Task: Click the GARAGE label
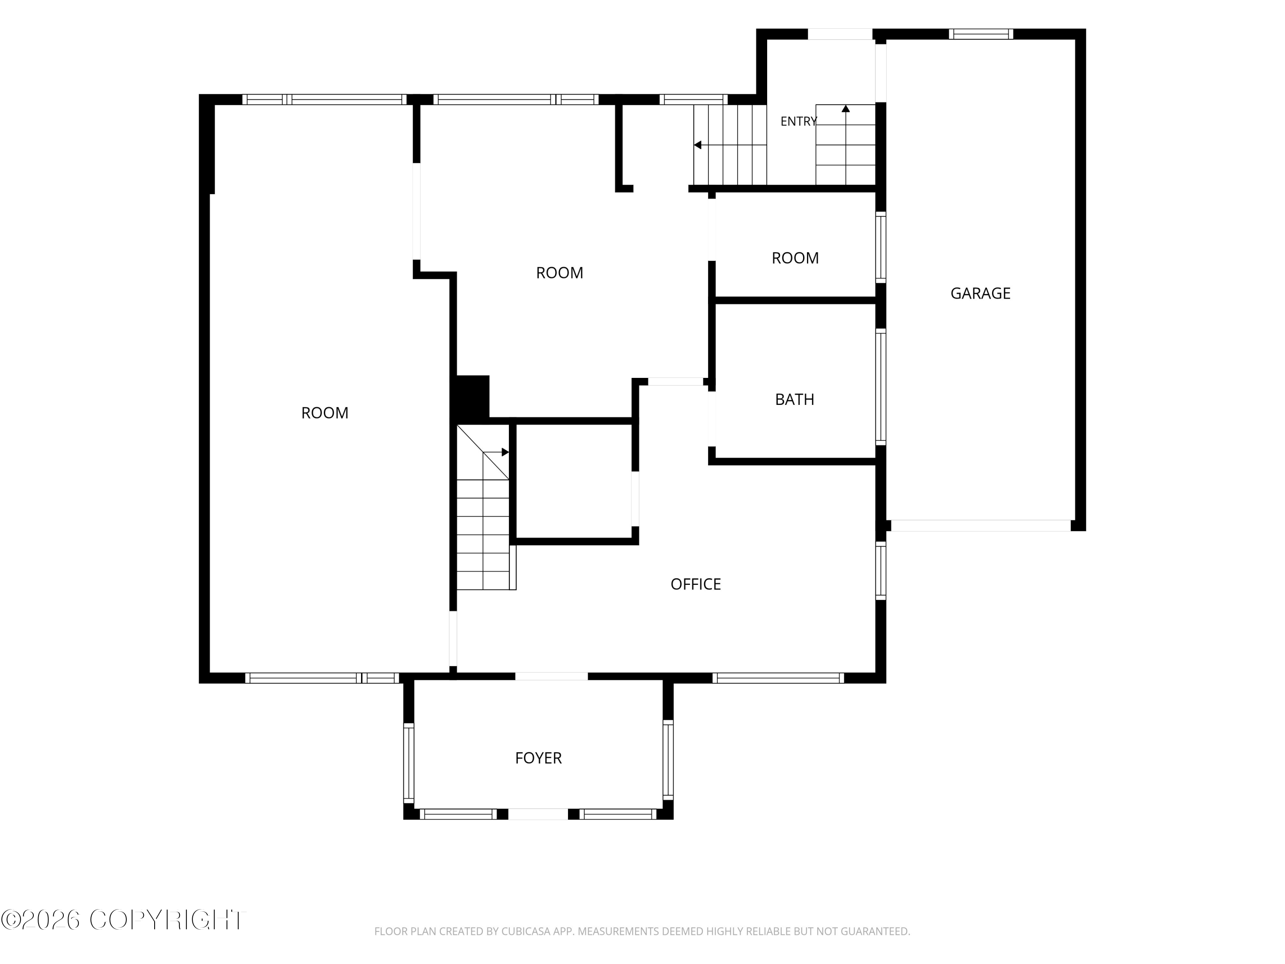[x=980, y=293]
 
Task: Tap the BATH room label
[x=795, y=400]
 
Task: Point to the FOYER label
[x=538, y=758]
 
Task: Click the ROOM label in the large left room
[x=325, y=413]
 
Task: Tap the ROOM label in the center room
[x=559, y=273]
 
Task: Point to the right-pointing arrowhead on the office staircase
[x=505, y=452]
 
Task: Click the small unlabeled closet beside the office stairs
[x=574, y=481]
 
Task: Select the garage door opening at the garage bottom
[x=980, y=525]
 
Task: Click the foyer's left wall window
[x=409, y=763]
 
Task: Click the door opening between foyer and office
[x=551, y=677]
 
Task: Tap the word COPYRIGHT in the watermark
[x=168, y=920]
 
